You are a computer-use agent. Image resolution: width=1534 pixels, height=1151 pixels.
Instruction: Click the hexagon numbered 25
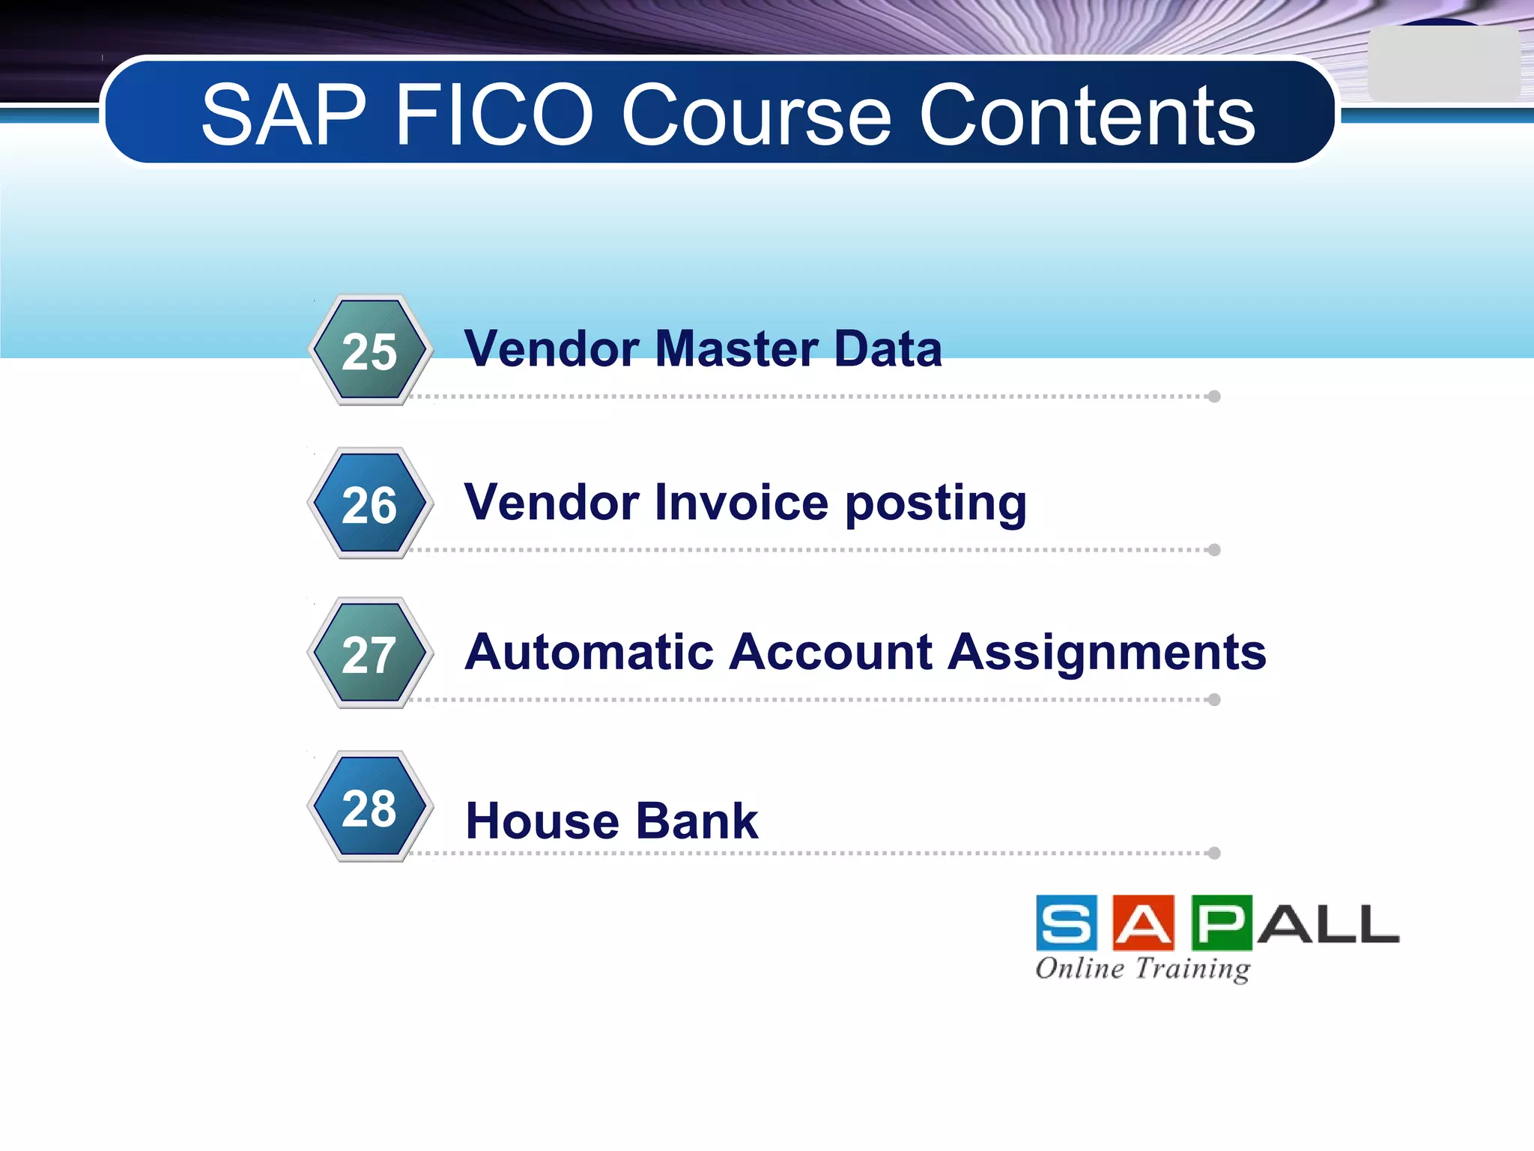pyautogui.click(x=369, y=351)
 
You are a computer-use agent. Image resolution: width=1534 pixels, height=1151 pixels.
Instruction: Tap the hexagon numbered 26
pyautogui.click(x=369, y=504)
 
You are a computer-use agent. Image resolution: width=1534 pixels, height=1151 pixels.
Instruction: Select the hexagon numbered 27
pyautogui.click(x=369, y=653)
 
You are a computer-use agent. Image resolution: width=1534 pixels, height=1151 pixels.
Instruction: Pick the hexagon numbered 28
pyautogui.click(x=369, y=807)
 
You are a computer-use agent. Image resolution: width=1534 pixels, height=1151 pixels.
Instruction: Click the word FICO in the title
pyautogui.click(x=494, y=115)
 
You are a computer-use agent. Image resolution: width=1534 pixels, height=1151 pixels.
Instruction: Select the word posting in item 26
pyautogui.click(x=936, y=504)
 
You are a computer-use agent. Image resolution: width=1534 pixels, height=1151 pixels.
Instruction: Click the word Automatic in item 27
pyautogui.click(x=588, y=651)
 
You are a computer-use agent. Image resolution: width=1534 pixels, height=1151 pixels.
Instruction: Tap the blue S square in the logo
pyautogui.click(x=1067, y=922)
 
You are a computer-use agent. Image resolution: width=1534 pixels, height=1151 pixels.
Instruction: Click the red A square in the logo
pyautogui.click(x=1143, y=922)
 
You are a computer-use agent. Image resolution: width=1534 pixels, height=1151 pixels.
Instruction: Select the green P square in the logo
pyautogui.click(x=1221, y=922)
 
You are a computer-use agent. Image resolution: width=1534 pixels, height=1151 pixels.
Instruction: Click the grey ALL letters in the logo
pyautogui.click(x=1327, y=923)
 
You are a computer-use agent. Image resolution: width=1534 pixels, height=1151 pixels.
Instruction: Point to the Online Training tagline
pyautogui.click(x=1142, y=968)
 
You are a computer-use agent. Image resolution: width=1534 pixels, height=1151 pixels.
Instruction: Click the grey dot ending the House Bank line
pyautogui.click(x=1214, y=853)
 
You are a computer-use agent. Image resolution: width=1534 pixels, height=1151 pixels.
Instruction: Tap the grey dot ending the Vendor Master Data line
pyautogui.click(x=1214, y=396)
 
